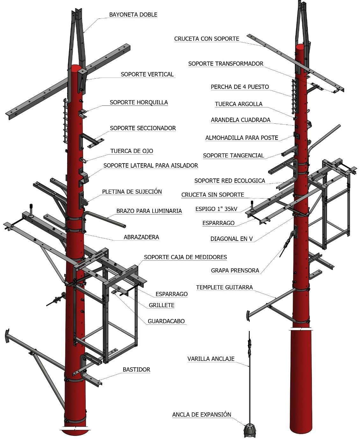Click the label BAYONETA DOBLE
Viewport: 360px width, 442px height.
point(133,15)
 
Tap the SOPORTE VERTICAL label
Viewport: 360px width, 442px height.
point(147,75)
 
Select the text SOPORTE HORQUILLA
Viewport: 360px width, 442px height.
point(139,103)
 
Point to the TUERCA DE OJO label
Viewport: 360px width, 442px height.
point(132,151)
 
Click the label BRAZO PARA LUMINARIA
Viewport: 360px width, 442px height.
point(149,211)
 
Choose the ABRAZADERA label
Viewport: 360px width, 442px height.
point(141,237)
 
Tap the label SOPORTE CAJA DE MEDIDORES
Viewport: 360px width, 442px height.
point(185,257)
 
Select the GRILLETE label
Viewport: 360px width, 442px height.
point(162,305)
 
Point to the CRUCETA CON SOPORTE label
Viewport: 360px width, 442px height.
point(206,39)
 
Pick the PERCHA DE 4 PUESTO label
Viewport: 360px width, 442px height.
point(240,87)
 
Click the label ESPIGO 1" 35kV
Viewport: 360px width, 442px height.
point(216,209)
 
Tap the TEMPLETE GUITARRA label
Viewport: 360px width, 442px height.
point(224,287)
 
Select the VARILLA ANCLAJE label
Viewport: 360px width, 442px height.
point(211,359)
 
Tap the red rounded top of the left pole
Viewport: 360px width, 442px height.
point(76,68)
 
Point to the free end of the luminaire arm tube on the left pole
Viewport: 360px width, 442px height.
point(124,226)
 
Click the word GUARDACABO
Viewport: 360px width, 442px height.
point(166,321)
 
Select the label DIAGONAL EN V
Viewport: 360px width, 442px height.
point(231,239)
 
